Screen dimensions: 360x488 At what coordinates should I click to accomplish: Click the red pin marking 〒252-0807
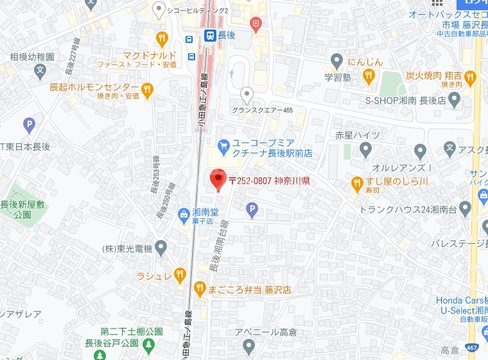(x=218, y=179)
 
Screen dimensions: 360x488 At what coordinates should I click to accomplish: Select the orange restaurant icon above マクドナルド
(x=162, y=39)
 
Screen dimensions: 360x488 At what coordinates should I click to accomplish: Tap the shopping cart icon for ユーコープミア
(x=223, y=146)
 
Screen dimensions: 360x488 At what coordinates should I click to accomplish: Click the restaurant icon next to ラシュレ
(x=182, y=275)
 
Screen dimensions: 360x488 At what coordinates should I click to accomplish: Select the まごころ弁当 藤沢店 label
(x=249, y=289)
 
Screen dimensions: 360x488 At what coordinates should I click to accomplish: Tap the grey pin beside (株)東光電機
(x=161, y=247)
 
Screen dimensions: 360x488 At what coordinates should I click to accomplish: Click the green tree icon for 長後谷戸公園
(x=148, y=346)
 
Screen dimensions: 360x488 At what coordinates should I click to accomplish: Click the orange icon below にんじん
(x=369, y=77)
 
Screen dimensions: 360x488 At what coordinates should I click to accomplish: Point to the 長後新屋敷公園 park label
(x=24, y=209)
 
